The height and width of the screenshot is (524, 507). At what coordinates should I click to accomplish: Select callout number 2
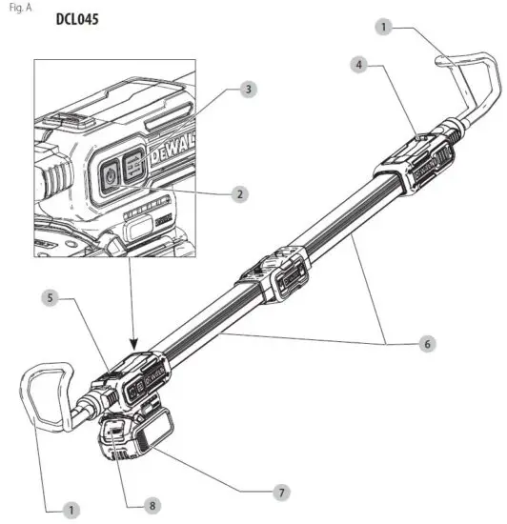click(240, 193)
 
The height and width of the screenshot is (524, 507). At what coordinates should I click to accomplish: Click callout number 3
click(248, 89)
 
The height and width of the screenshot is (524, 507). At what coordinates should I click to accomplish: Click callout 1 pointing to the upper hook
click(385, 28)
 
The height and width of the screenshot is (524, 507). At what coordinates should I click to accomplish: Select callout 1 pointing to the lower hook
click(70, 512)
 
